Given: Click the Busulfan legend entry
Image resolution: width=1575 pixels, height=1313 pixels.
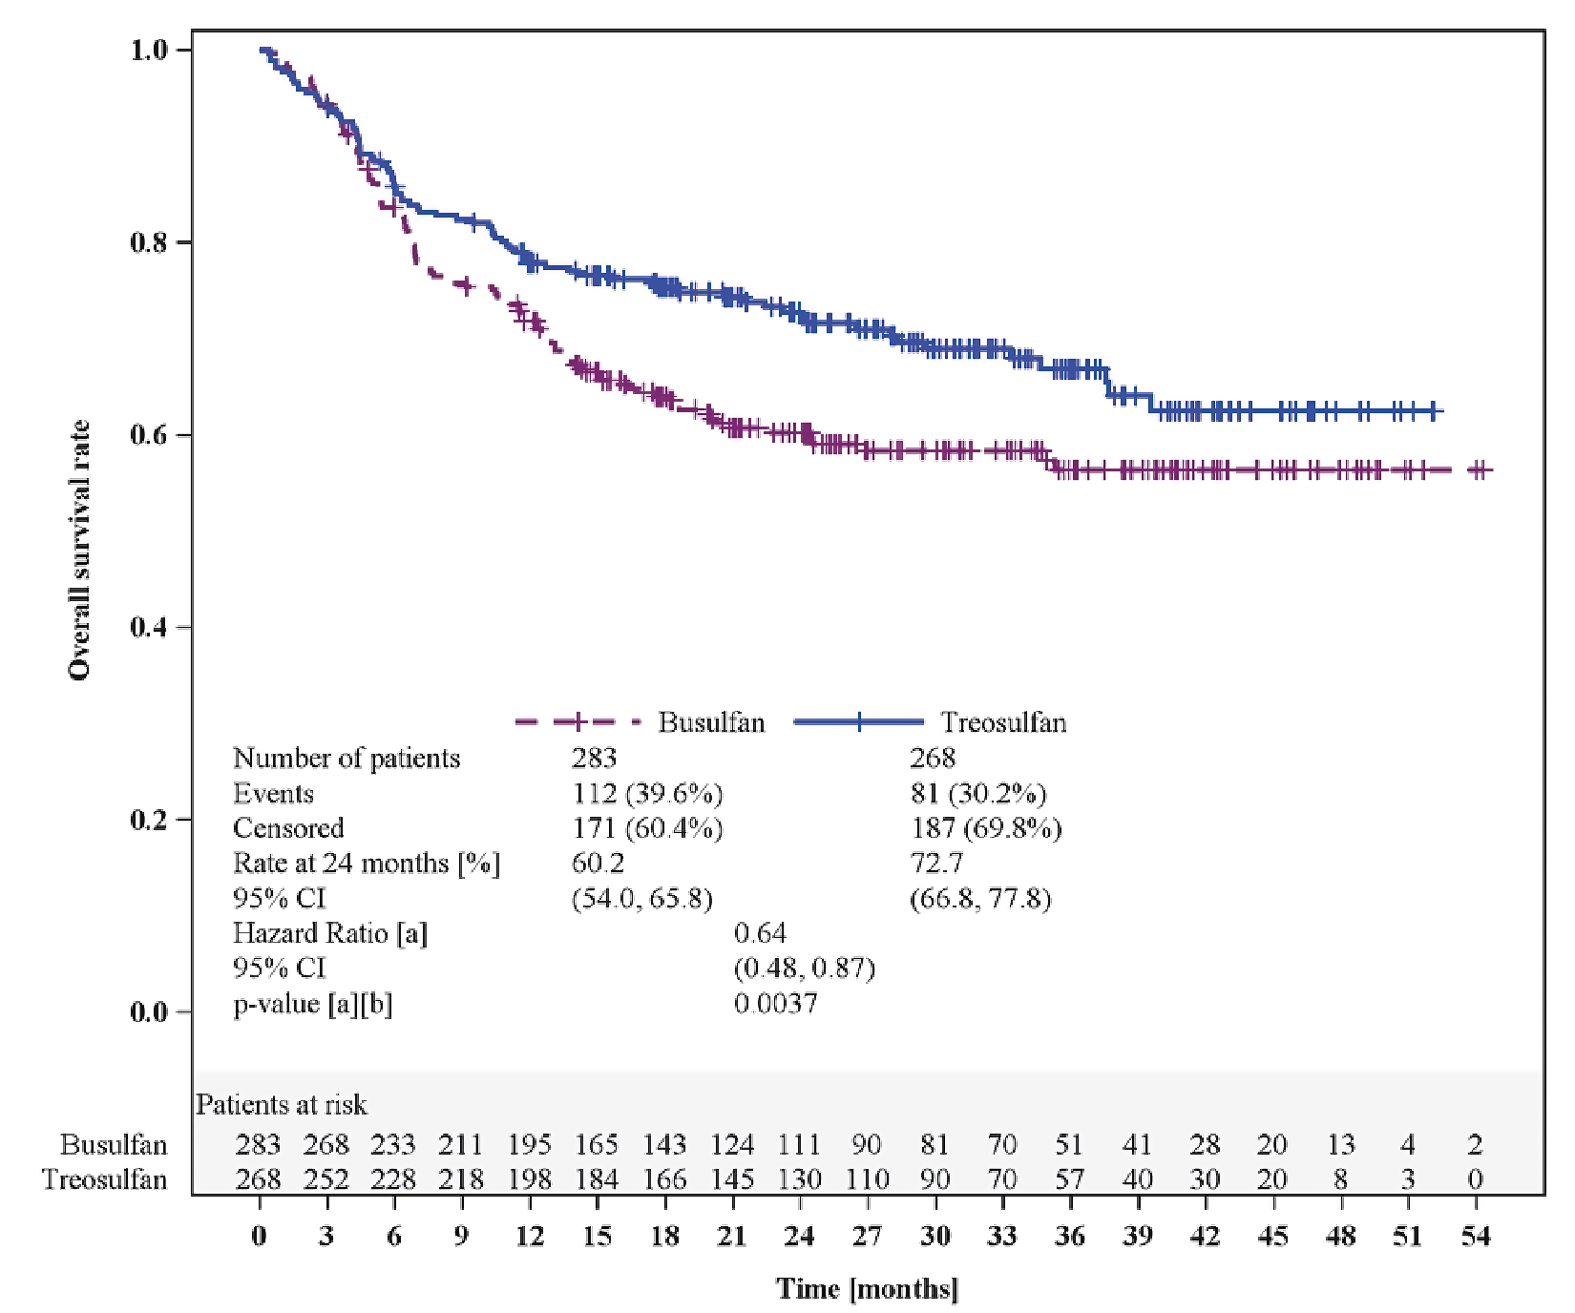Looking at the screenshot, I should coord(711,722).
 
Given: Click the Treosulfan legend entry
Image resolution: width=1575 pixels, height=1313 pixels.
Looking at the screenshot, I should coord(1003,722).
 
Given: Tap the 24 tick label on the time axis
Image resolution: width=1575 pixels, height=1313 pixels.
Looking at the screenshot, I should coord(799,1237).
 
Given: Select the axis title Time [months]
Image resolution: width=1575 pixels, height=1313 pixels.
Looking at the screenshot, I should coord(867,1289).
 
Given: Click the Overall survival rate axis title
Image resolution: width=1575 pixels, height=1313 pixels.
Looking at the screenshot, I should coord(79,550).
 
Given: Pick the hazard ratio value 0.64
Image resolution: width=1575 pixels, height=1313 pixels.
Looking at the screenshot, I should coord(760,933).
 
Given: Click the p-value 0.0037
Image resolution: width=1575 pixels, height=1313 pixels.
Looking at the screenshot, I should coord(775,1004).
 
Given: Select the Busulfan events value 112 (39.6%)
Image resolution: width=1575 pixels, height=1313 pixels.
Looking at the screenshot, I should coord(646,794).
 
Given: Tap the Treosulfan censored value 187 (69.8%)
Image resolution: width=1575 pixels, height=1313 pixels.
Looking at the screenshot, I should coord(985,828).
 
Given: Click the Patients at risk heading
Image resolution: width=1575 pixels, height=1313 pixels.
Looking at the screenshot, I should coord(282,1105).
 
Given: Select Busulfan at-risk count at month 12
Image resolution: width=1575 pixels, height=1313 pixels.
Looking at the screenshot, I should coord(529,1144).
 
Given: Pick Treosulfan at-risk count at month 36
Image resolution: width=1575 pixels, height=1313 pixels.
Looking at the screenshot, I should coord(1069,1180).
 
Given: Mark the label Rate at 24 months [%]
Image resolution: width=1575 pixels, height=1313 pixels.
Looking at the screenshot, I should coord(367,864).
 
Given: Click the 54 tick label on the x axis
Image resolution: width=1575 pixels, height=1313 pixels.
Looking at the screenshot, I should coord(1475,1237).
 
